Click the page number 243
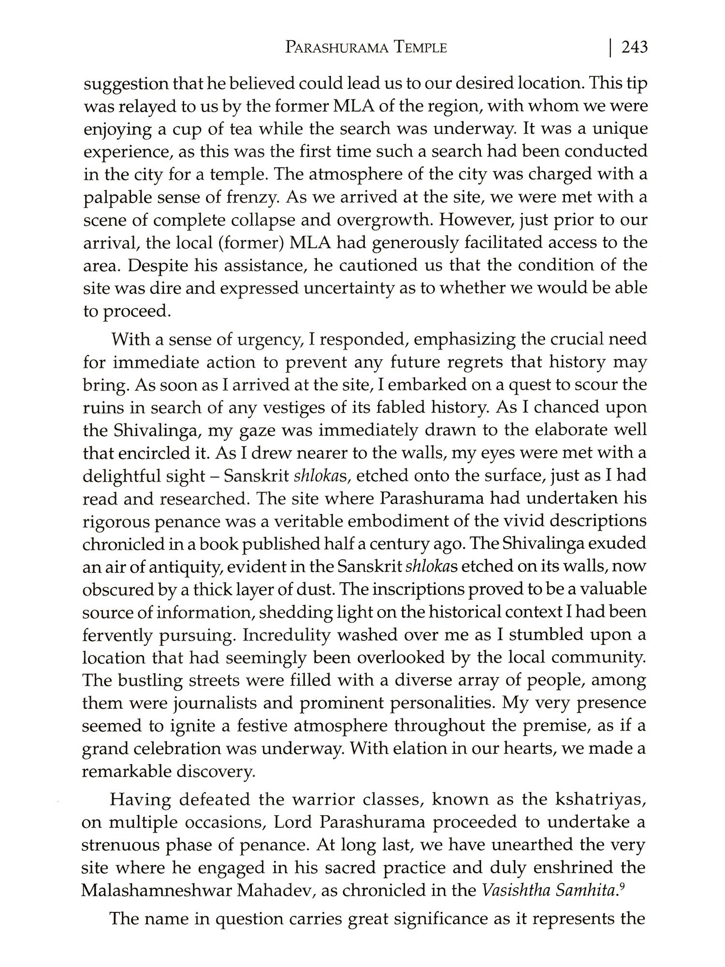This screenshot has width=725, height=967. click(634, 47)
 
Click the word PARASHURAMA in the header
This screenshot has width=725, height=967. click(335, 48)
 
